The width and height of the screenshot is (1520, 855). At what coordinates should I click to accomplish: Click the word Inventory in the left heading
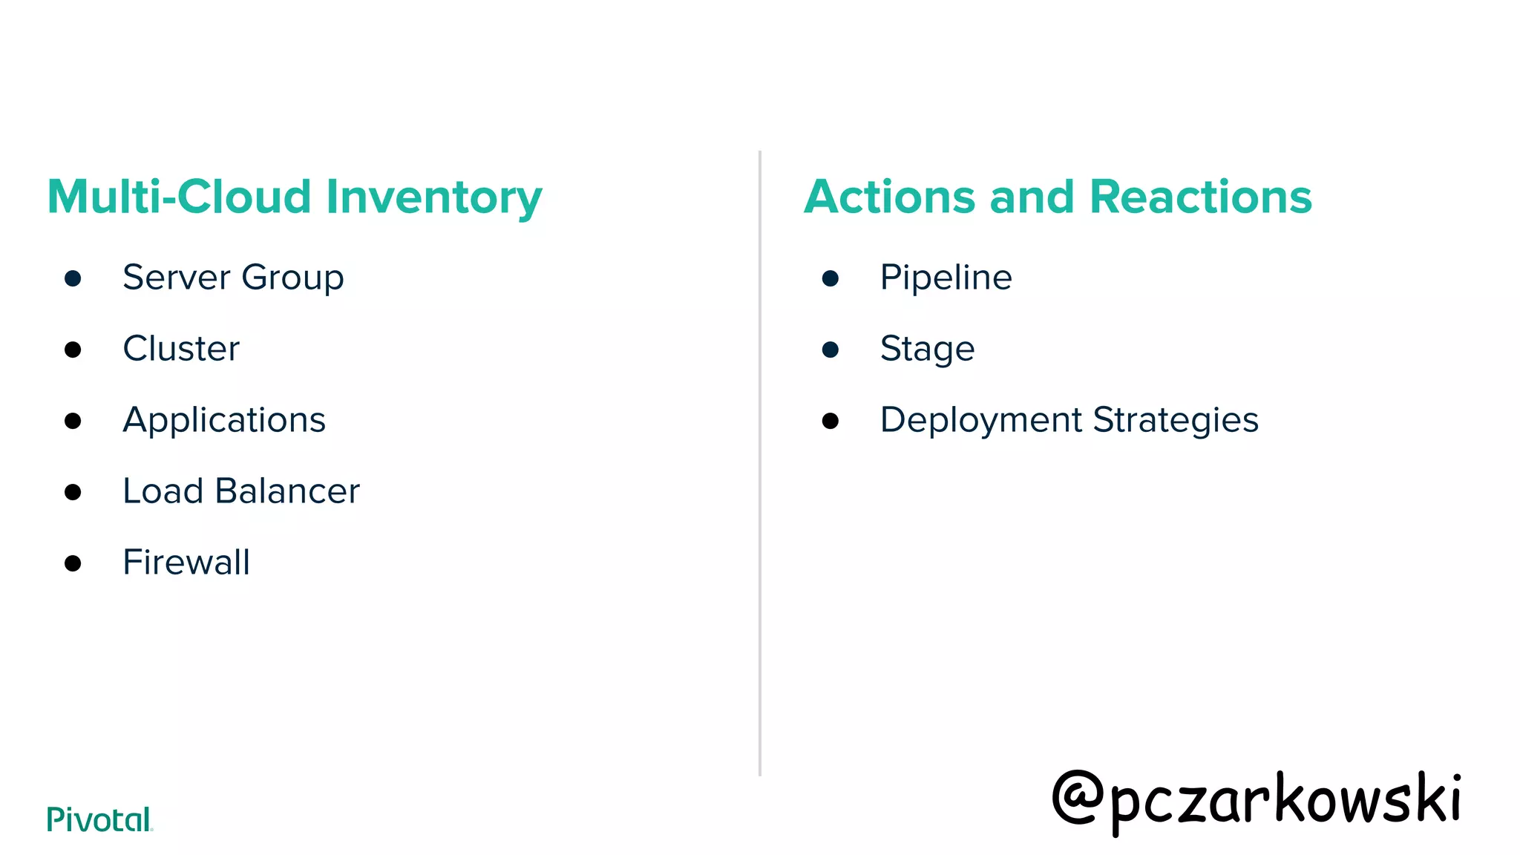(434, 197)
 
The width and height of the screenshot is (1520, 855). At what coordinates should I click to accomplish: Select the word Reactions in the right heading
(1200, 197)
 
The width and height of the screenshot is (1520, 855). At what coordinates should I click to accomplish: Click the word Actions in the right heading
(889, 197)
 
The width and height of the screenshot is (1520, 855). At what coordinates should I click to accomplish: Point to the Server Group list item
(233, 278)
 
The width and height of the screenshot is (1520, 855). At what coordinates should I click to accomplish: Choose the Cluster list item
(181, 349)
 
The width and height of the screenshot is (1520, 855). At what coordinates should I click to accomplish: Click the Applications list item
(224, 421)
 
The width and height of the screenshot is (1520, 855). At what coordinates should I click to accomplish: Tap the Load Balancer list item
(241, 491)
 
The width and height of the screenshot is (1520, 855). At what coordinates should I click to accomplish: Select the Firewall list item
(186, 563)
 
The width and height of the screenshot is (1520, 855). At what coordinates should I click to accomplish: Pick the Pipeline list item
(946, 278)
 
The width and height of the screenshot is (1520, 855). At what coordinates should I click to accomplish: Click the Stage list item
(927, 349)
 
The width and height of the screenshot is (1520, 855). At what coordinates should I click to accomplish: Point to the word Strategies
(1176, 421)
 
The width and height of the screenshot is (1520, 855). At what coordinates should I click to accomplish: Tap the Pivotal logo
(99, 819)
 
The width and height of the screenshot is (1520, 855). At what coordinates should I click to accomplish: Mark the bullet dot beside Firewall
(73, 564)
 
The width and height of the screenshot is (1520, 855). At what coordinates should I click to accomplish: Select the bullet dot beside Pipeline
(831, 279)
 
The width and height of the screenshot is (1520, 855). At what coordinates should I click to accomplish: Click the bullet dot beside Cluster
(73, 350)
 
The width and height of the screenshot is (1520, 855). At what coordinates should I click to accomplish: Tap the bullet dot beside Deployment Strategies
(831, 422)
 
